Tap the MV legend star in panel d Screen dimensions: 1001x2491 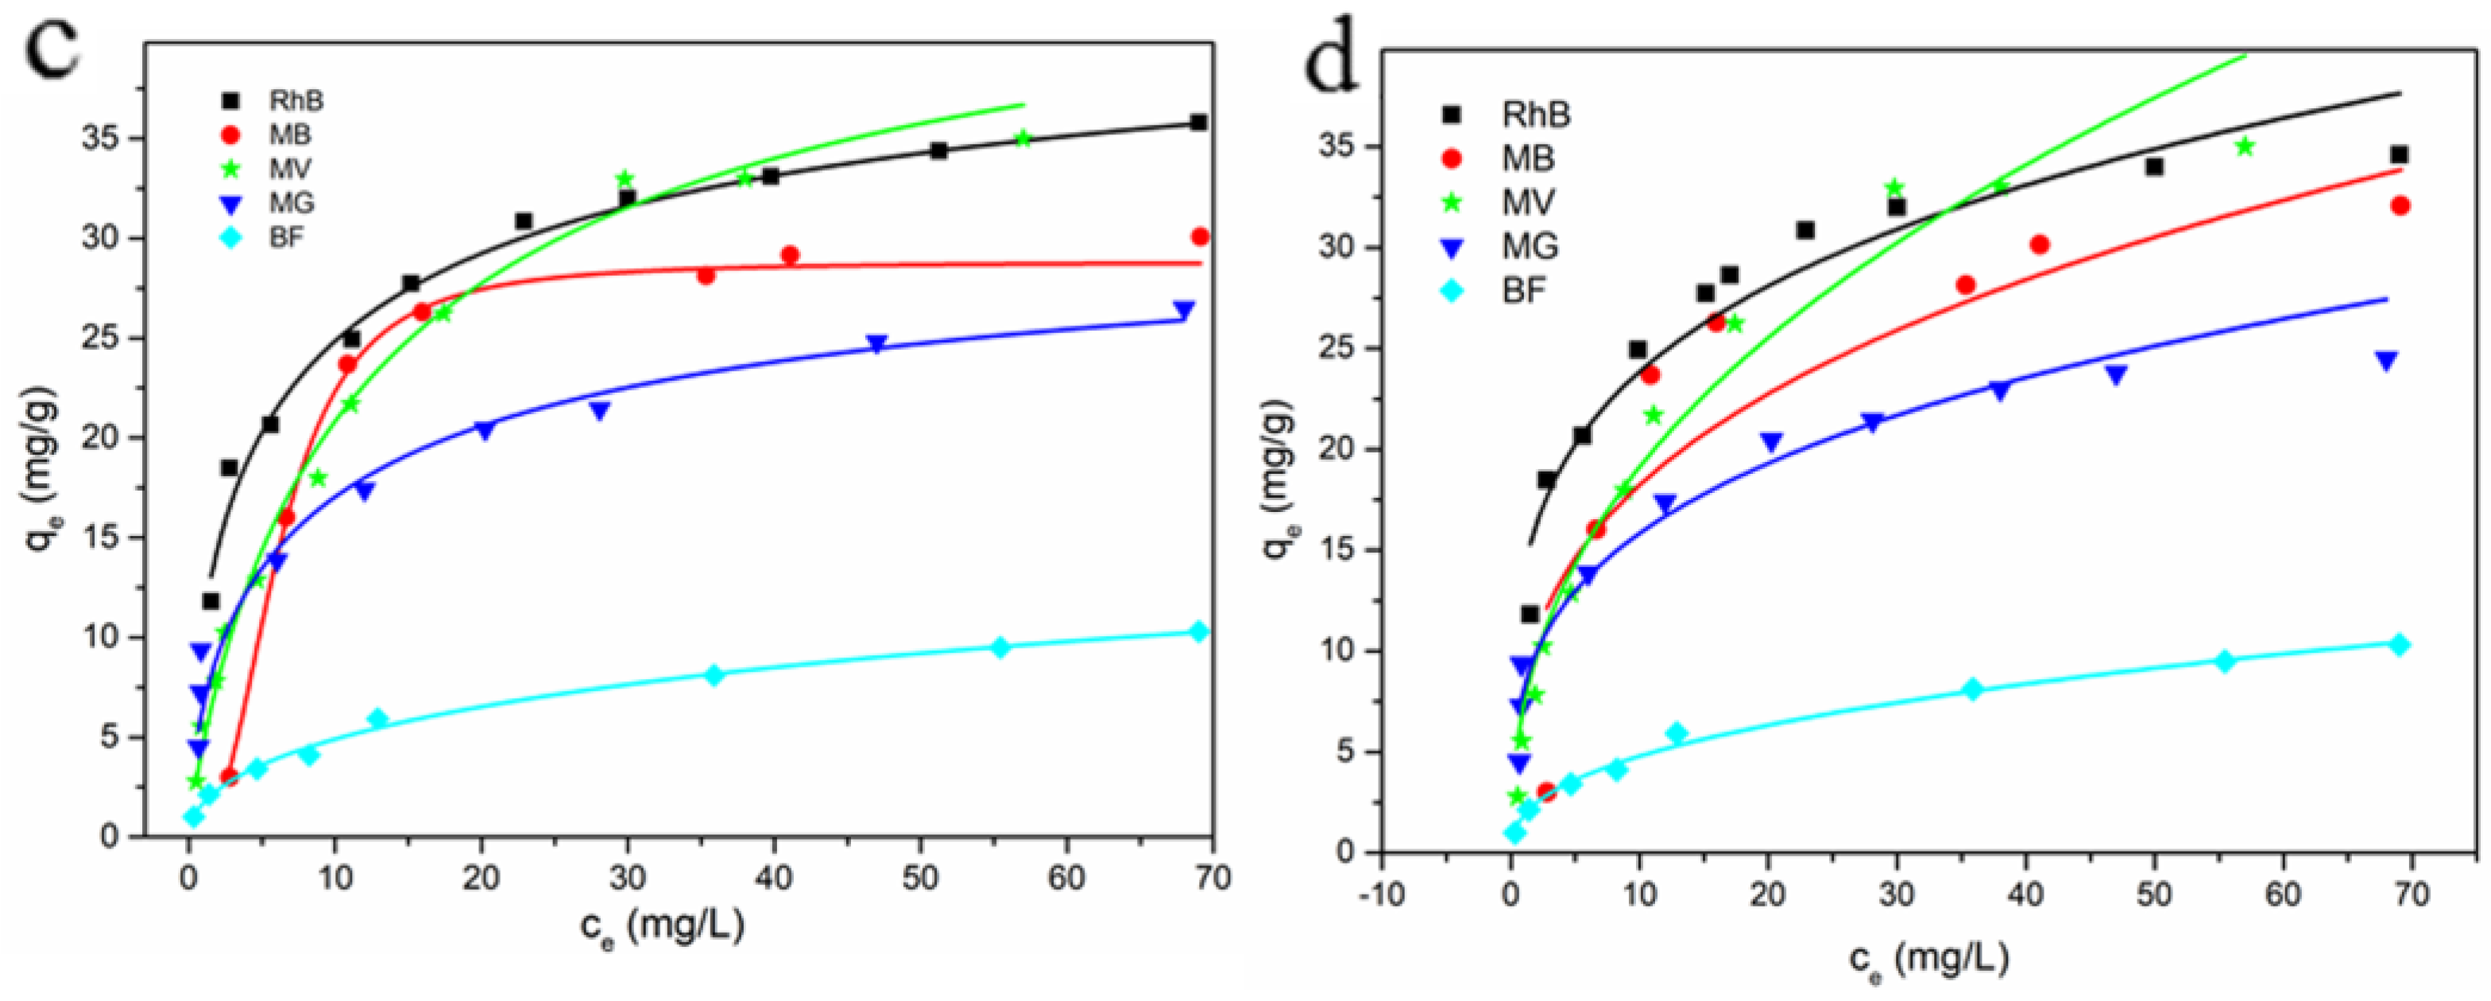click(1451, 202)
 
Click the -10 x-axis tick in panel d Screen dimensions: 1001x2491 click(1380, 895)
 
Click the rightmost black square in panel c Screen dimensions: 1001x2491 click(1199, 122)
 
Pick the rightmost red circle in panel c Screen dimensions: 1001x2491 click(1200, 236)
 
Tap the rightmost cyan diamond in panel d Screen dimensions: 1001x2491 click(2399, 645)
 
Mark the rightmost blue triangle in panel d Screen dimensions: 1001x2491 click(2387, 361)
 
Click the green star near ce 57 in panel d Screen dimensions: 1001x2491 click(2245, 147)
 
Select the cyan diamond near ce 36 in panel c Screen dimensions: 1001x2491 click(714, 675)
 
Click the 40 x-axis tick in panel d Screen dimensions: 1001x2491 click(2026, 895)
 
